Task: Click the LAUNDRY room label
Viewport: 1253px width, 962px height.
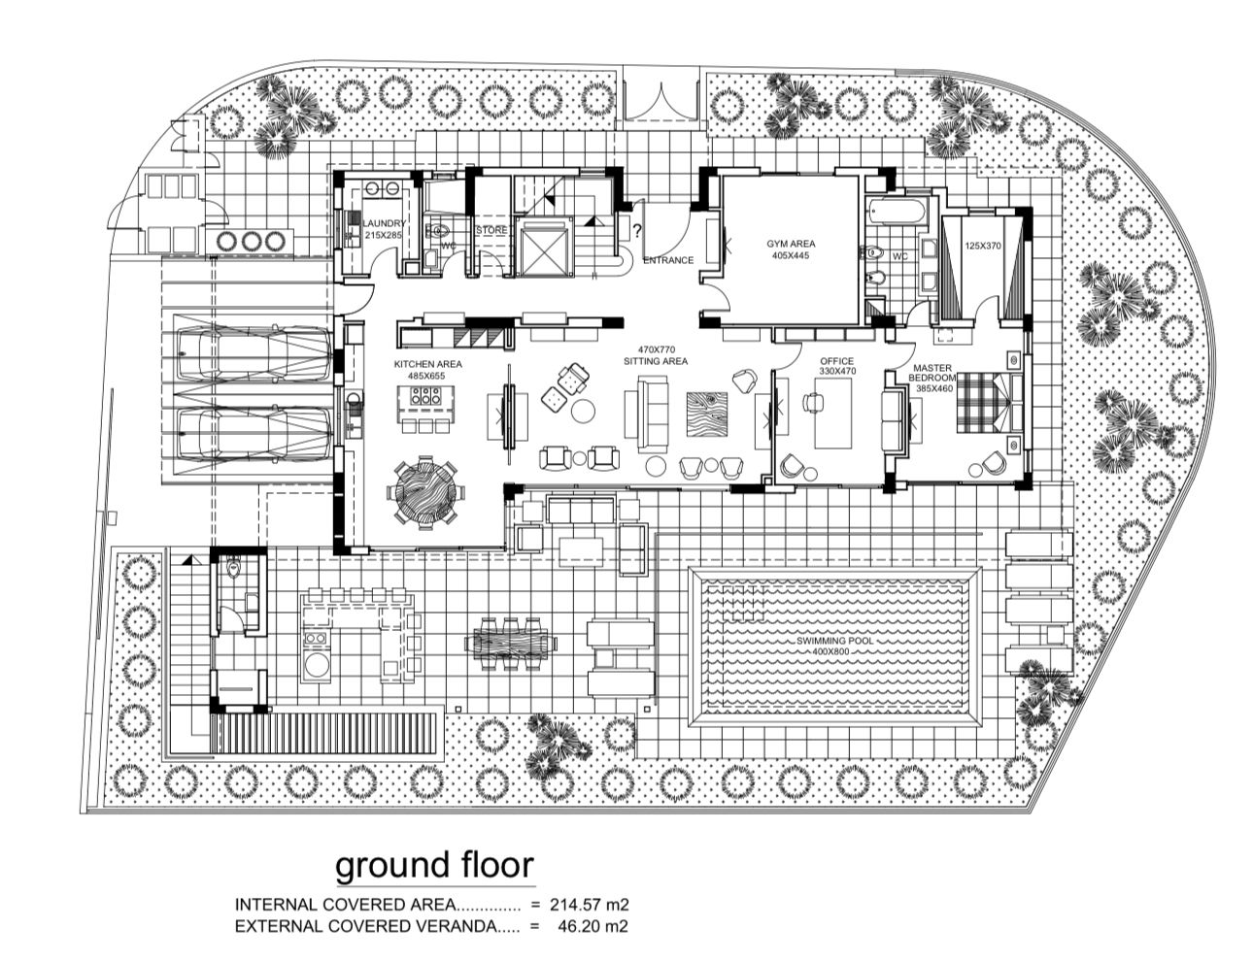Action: coord(384,223)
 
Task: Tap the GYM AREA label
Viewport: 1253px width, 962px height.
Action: coord(791,244)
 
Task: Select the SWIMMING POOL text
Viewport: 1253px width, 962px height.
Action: coord(834,641)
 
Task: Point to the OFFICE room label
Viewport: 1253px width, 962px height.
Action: coord(836,361)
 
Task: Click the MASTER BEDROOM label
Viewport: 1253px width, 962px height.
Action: coord(932,373)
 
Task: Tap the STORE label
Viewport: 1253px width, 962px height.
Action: coord(491,230)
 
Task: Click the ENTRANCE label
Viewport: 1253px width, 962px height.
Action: coord(668,260)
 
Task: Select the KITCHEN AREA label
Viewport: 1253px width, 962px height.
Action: coord(427,364)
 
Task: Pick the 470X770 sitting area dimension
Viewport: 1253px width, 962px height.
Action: coord(657,349)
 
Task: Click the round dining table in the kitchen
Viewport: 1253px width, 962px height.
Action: coord(425,491)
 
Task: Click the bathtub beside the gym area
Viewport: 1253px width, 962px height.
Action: coord(896,211)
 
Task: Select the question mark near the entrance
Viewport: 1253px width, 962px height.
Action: coord(636,232)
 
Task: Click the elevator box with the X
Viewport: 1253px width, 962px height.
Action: coord(543,248)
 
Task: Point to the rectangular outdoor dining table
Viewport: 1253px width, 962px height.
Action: coord(510,644)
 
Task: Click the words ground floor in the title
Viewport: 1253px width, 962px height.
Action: coord(435,865)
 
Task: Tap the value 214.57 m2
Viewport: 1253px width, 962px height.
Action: coord(590,905)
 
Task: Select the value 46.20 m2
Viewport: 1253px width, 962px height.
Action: coord(593,926)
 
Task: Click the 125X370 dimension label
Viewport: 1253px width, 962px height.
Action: coord(983,246)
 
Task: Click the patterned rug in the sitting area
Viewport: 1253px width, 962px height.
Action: coord(707,415)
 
